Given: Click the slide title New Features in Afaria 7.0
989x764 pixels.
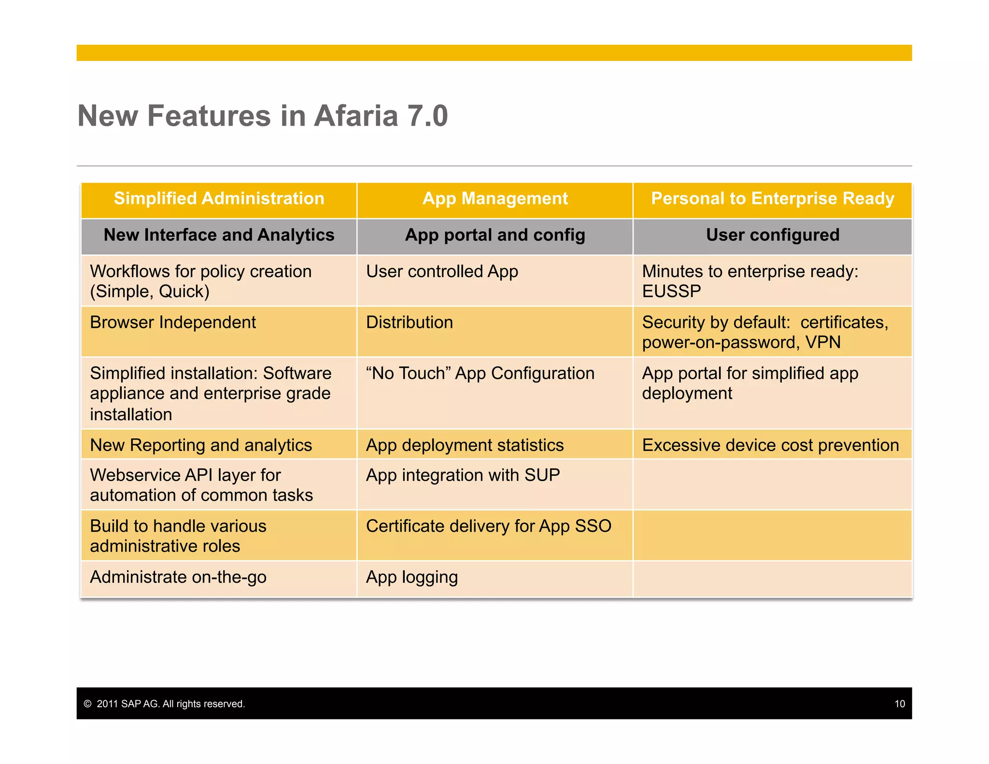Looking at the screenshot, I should point(263,116).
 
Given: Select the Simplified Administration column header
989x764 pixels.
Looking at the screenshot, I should point(219,198).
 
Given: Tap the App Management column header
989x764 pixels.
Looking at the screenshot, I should point(495,198).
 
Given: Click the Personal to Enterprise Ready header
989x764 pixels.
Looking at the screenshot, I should point(772,198).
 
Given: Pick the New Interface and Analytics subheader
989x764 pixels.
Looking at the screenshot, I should point(219,235).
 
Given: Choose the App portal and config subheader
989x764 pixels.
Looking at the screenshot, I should point(495,235).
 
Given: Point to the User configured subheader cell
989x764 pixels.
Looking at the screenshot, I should point(772,235).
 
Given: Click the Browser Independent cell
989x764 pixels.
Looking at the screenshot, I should point(173,323).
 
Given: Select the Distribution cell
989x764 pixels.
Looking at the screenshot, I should point(410,323).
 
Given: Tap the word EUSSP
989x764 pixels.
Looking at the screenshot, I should point(671,291).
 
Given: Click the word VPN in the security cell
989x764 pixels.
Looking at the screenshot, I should point(823,342).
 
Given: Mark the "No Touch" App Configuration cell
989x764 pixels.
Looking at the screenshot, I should point(480,373).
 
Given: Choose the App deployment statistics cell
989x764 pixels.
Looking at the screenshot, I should point(465,445).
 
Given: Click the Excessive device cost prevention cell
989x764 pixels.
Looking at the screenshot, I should point(770,445).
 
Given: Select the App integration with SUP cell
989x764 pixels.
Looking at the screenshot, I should point(463,475).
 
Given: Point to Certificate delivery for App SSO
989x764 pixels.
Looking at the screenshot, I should point(488,526).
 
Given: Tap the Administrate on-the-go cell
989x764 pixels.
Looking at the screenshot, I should point(178,577).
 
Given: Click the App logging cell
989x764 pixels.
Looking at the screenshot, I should point(411,577).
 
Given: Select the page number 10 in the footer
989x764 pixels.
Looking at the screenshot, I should point(899,704).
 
